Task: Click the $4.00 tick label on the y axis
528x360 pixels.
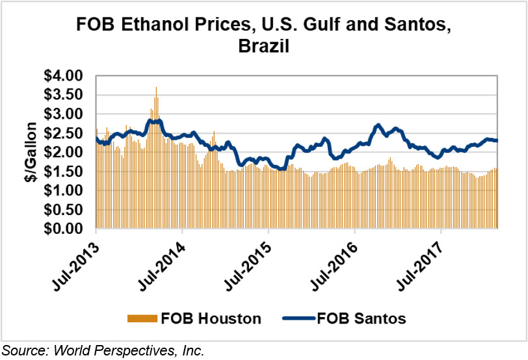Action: point(65,75)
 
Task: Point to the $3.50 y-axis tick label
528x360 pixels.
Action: point(65,95)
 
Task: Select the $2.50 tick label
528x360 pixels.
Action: point(65,133)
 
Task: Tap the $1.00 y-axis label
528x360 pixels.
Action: point(65,191)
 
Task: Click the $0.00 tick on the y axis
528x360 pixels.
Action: point(65,229)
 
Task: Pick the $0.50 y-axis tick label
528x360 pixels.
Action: point(65,210)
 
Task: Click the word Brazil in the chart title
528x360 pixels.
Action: point(264,47)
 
